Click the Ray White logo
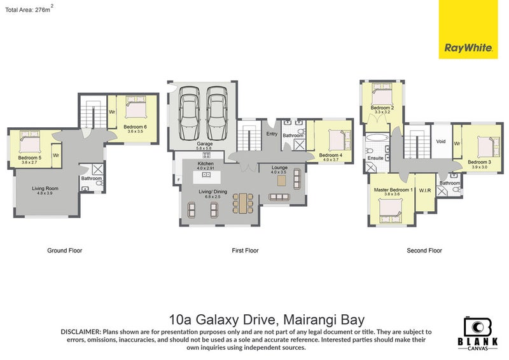(x=463, y=31)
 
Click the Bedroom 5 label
(x=29, y=157)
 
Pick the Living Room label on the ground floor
(x=45, y=188)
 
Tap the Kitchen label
(x=205, y=164)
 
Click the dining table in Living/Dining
(x=241, y=204)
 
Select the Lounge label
(x=279, y=167)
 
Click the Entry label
(x=272, y=134)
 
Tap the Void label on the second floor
(x=439, y=141)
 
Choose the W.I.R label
(x=425, y=190)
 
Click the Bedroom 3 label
(x=479, y=162)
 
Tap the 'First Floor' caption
(x=245, y=251)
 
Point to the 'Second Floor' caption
(x=424, y=251)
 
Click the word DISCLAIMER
(x=81, y=332)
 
